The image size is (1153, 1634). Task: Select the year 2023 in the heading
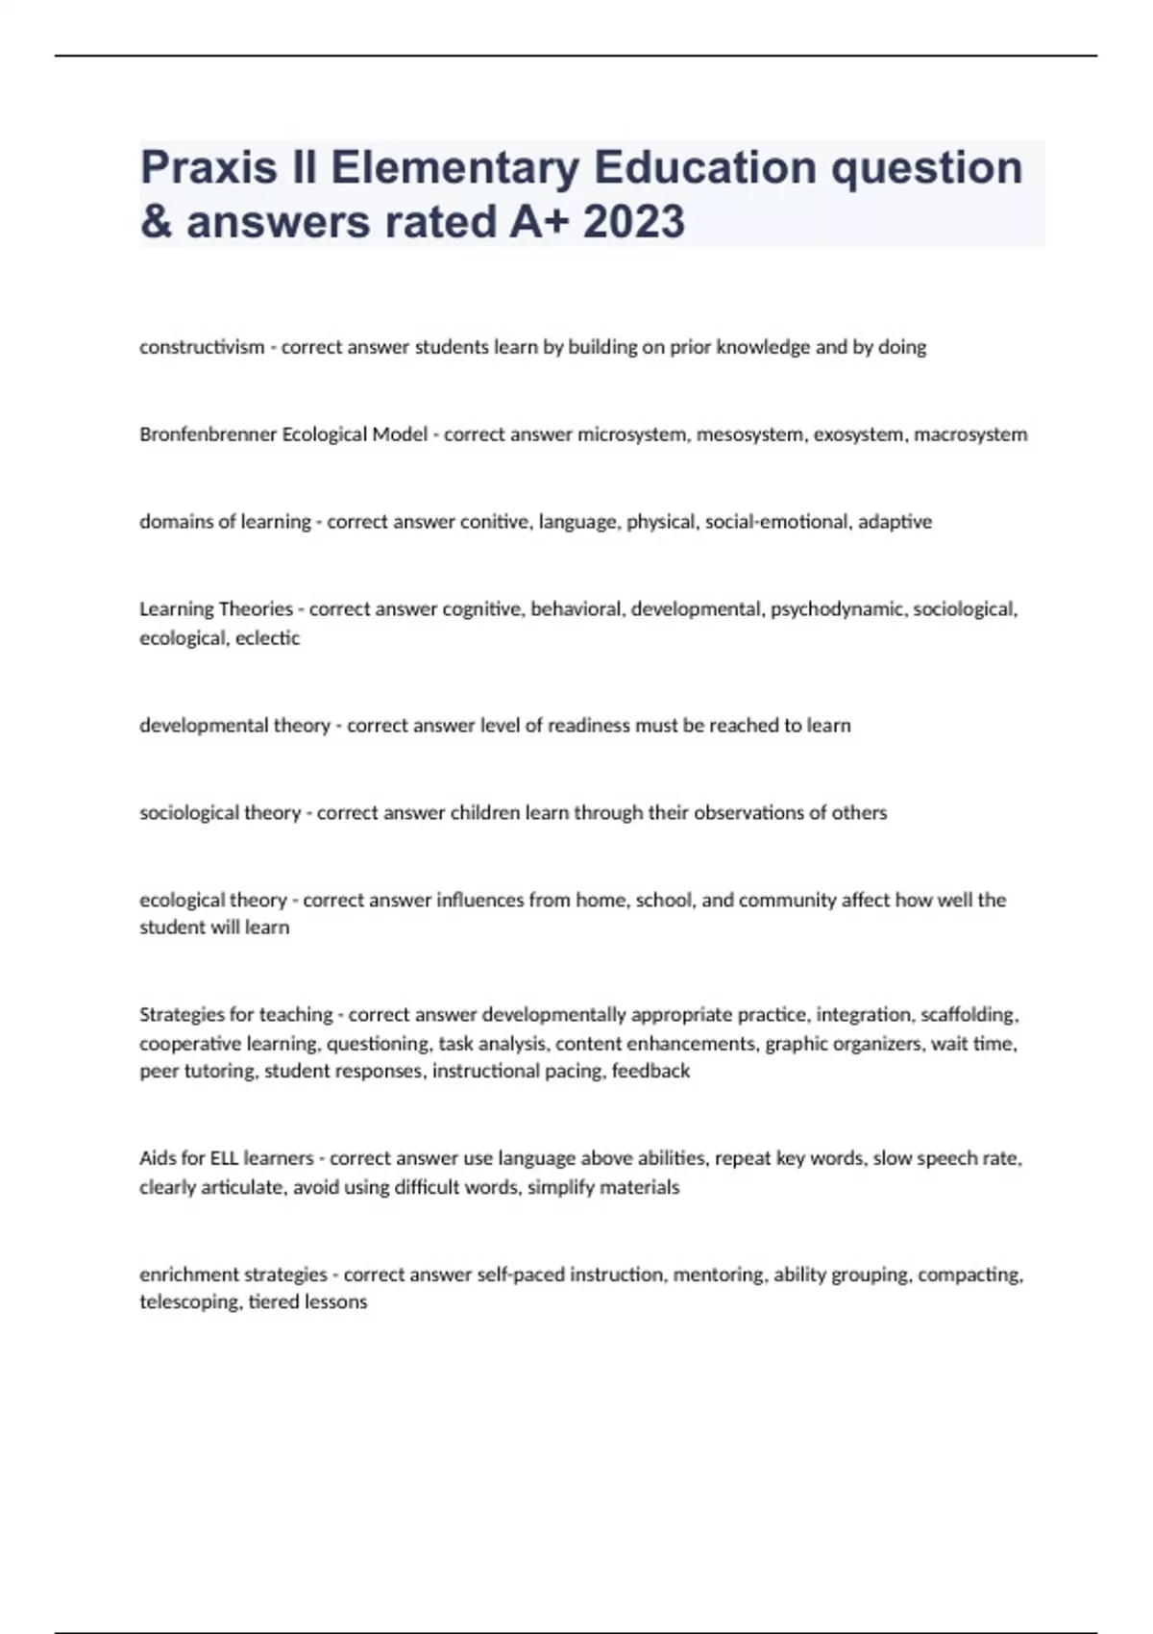633,223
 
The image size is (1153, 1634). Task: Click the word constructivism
202,347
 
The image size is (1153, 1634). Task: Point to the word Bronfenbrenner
207,434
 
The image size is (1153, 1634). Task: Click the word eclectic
268,638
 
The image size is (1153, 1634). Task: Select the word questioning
379,1044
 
